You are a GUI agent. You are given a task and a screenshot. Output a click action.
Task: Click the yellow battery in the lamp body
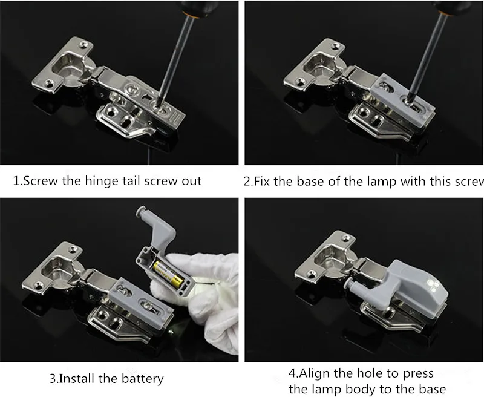[169, 274]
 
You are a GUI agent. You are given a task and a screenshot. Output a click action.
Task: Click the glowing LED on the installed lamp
[431, 285]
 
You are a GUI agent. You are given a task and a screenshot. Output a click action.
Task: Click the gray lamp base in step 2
[402, 98]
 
